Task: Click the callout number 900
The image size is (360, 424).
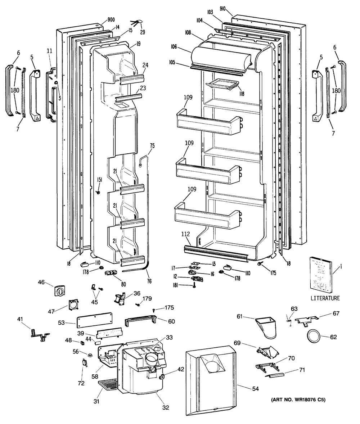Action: [x=111, y=20]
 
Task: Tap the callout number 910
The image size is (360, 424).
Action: [x=222, y=8]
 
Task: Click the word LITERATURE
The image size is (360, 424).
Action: [x=325, y=298]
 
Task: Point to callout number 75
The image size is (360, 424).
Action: [x=152, y=146]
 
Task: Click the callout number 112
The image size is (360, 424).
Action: [x=185, y=234]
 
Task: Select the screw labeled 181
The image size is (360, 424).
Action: [x=194, y=285]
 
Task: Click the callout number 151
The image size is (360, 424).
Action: [x=99, y=180]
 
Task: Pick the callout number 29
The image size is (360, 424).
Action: [x=142, y=32]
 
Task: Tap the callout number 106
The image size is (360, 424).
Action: [x=174, y=47]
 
